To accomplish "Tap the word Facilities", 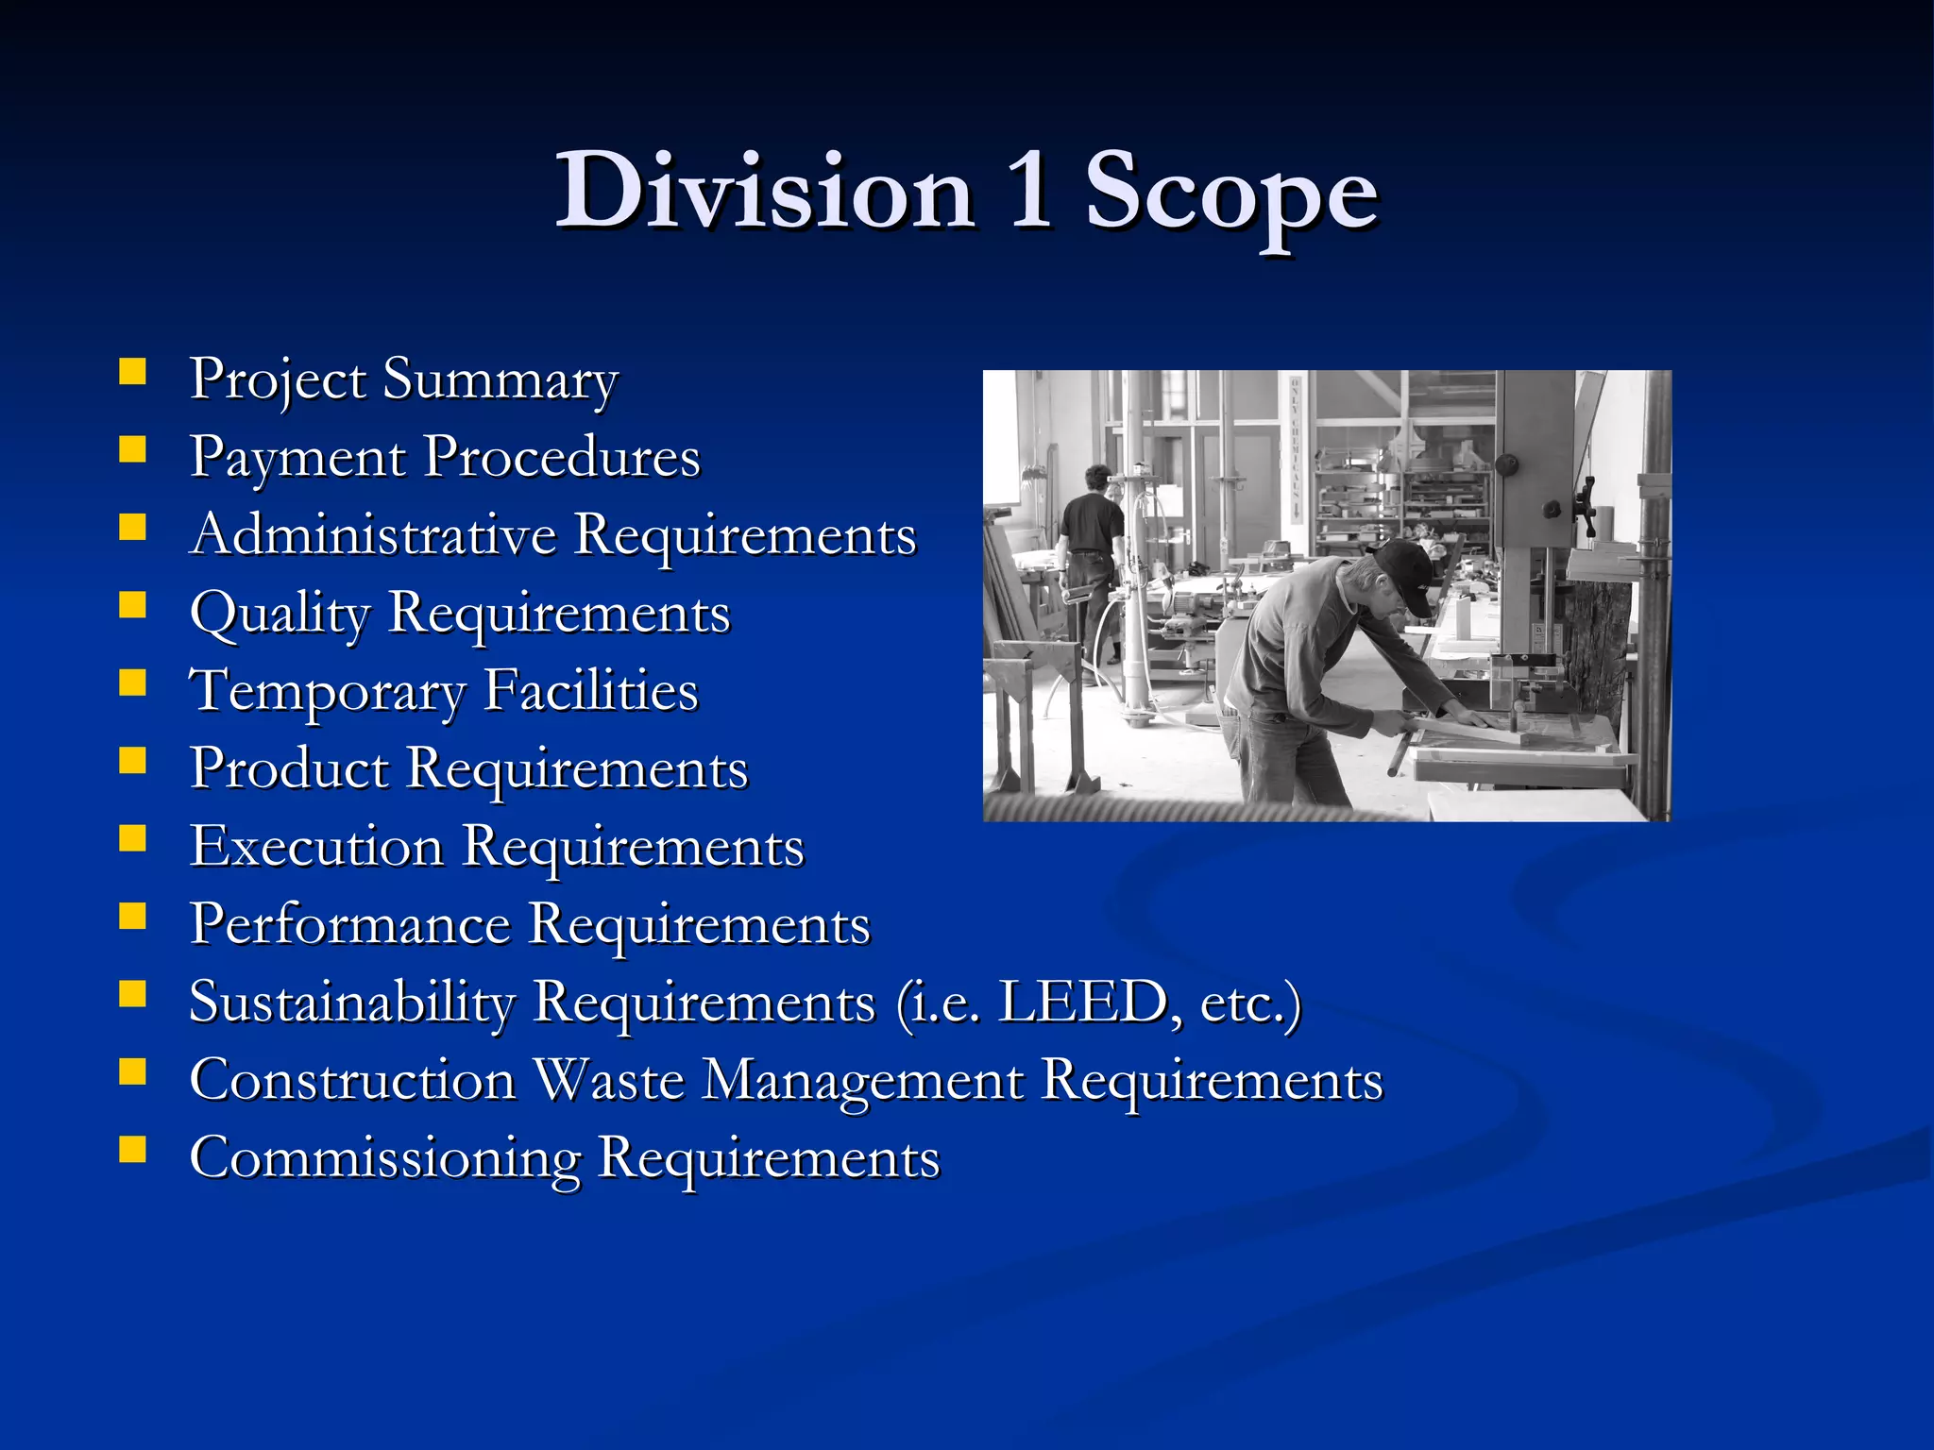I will point(591,690).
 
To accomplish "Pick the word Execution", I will point(317,846).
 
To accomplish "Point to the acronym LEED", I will point(1082,1002).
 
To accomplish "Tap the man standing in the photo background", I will point(1092,548).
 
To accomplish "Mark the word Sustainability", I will point(352,1003).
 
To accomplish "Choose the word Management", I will point(863,1081).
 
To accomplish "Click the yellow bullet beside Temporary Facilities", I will point(133,683).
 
